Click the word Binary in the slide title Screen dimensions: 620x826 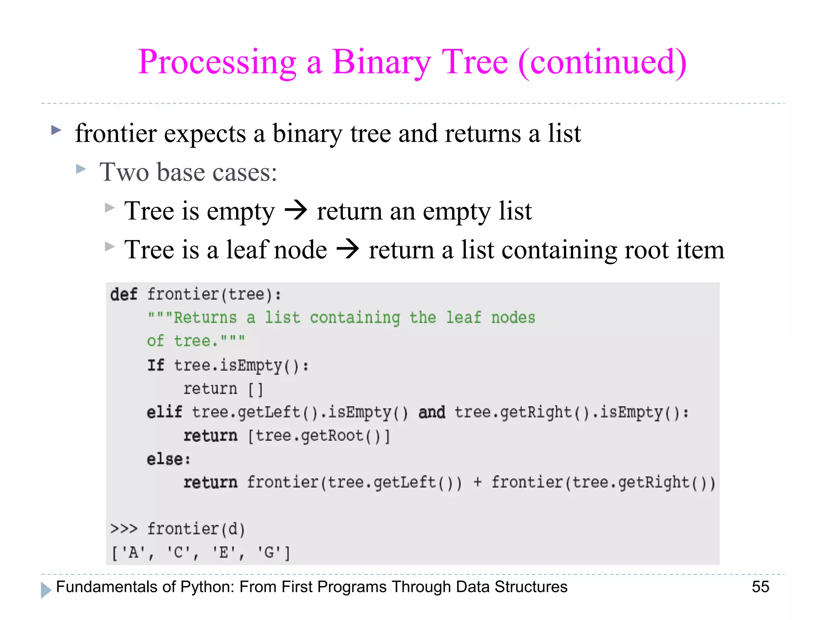point(382,63)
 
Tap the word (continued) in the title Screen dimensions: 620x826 point(603,63)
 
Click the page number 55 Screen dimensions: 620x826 point(760,587)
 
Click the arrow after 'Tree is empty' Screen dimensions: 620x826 point(296,211)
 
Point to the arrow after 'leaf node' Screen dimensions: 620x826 point(348,249)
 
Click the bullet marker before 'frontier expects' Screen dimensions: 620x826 point(56,130)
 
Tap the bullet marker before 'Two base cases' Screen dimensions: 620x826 point(81,169)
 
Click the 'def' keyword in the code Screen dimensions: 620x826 point(123,295)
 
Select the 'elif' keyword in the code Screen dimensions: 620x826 point(164,413)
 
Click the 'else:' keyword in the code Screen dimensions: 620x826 point(168,459)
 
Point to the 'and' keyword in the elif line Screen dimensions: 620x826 point(432,413)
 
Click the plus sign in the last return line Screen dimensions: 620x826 point(478,482)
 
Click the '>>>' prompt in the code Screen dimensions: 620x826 point(124,529)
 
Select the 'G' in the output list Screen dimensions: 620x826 point(269,552)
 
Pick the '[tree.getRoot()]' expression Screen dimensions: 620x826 point(319,436)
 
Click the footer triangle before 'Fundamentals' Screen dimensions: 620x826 point(46,590)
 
